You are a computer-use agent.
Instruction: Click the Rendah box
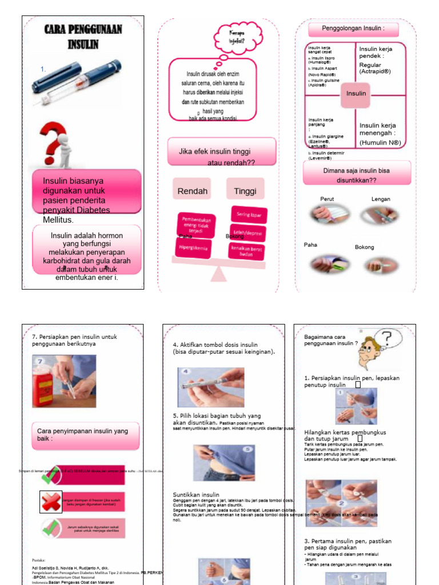(x=192, y=191)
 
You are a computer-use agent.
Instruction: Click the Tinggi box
(x=245, y=191)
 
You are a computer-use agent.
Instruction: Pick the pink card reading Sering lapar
(x=248, y=214)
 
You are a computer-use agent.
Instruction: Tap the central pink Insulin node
(x=356, y=94)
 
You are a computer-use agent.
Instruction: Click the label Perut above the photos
(x=328, y=199)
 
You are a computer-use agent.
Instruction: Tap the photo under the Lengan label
(x=380, y=215)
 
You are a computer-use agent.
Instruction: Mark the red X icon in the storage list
(x=50, y=502)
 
